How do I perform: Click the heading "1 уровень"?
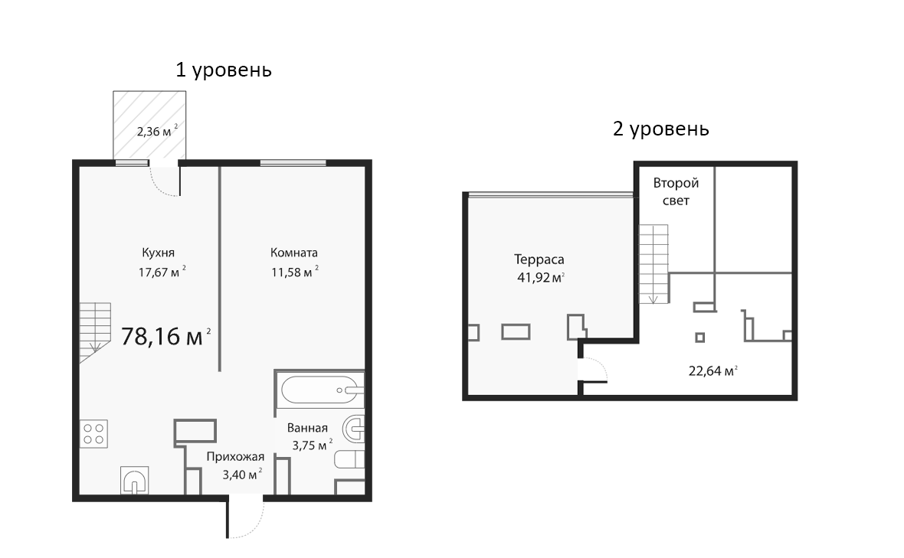point(224,70)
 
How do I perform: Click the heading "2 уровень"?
point(660,129)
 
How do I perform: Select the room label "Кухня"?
point(159,253)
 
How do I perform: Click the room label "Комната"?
point(293,253)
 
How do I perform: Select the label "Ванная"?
point(307,428)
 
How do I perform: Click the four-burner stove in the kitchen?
point(94,433)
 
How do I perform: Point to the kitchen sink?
point(135,481)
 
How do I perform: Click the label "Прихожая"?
point(235,457)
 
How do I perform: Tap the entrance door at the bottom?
point(245,517)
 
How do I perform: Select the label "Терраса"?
point(539,259)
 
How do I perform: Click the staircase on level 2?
point(654,262)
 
